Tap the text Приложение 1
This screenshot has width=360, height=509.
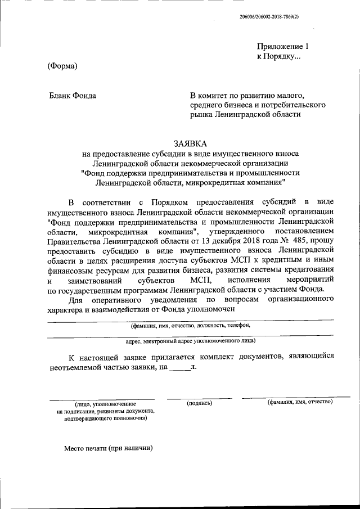point(283,47)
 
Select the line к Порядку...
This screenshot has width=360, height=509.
point(278,57)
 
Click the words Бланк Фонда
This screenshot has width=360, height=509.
point(73,96)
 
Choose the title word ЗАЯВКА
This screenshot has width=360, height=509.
point(190,143)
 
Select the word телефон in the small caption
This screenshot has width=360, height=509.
point(238,325)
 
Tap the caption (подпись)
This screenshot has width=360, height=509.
point(199,403)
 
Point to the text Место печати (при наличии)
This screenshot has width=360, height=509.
point(108,448)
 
